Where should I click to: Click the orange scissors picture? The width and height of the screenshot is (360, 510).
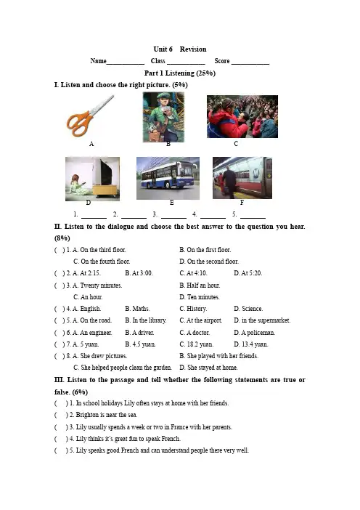click(x=90, y=115)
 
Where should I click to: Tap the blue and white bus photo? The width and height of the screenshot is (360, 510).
click(x=168, y=178)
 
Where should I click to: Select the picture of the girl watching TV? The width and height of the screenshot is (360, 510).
click(x=93, y=179)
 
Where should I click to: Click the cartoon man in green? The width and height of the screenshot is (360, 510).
click(x=163, y=117)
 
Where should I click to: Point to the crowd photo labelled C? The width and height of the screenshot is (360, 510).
click(x=242, y=116)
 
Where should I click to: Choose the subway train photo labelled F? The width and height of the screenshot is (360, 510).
click(x=242, y=178)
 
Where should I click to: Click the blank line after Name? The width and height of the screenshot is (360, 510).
click(x=126, y=64)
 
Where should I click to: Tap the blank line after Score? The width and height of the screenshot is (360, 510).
click(x=250, y=64)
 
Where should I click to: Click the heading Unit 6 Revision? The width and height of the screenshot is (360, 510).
click(x=180, y=49)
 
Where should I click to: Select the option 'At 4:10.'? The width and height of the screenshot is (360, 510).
click(x=197, y=273)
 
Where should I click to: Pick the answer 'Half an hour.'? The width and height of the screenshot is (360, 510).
click(x=203, y=286)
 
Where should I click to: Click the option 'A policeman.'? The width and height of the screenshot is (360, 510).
click(x=258, y=333)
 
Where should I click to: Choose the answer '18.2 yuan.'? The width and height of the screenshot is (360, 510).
click(x=200, y=344)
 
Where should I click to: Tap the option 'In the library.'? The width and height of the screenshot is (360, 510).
click(x=150, y=320)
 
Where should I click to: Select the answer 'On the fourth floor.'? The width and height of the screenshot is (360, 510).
click(x=105, y=262)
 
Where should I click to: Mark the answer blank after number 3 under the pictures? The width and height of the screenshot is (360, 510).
click(x=173, y=217)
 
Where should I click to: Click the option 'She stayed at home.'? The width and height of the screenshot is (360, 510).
click(x=213, y=368)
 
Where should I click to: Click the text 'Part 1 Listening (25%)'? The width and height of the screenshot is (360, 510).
click(x=180, y=73)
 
